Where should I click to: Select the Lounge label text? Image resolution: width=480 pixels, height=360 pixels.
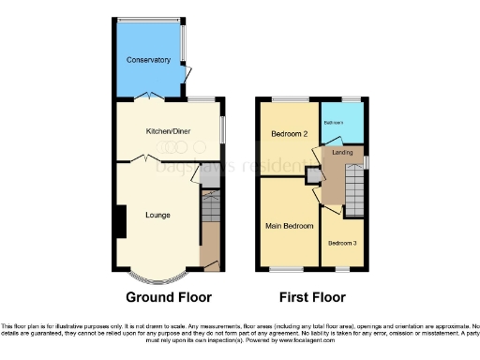(157, 216)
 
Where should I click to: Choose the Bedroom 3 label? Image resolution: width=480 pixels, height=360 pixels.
(341, 244)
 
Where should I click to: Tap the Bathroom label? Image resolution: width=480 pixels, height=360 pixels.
(333, 123)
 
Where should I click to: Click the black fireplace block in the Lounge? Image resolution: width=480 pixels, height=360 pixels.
(118, 220)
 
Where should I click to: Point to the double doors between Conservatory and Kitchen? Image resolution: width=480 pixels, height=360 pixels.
(148, 97)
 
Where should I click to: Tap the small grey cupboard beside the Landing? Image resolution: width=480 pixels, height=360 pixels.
(311, 175)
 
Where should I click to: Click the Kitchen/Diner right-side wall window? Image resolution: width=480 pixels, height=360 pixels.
(223, 128)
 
